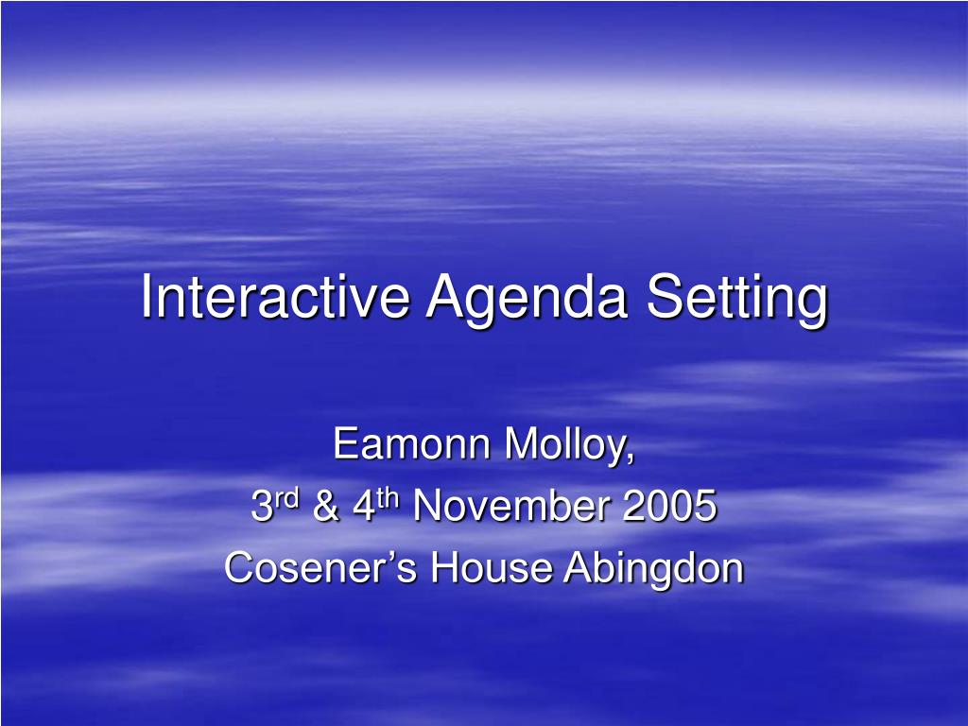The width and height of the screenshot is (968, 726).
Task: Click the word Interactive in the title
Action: tap(275, 297)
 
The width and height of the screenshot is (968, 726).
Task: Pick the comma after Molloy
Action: tap(631, 458)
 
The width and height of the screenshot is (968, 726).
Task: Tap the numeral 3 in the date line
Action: tap(261, 508)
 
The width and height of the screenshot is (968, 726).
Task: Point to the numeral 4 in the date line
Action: tap(363, 508)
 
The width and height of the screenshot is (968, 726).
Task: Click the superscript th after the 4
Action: tap(389, 498)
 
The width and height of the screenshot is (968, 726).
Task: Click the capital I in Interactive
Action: tap(147, 297)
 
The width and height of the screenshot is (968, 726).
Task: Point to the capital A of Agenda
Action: tap(444, 297)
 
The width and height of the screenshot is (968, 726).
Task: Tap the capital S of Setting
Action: tap(663, 297)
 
